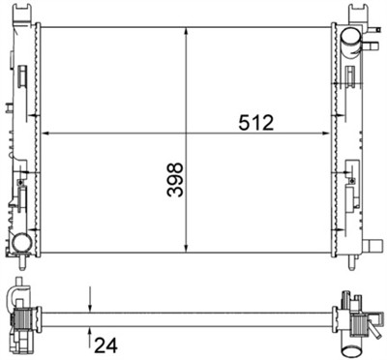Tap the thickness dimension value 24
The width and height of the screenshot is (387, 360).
(x=105, y=343)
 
